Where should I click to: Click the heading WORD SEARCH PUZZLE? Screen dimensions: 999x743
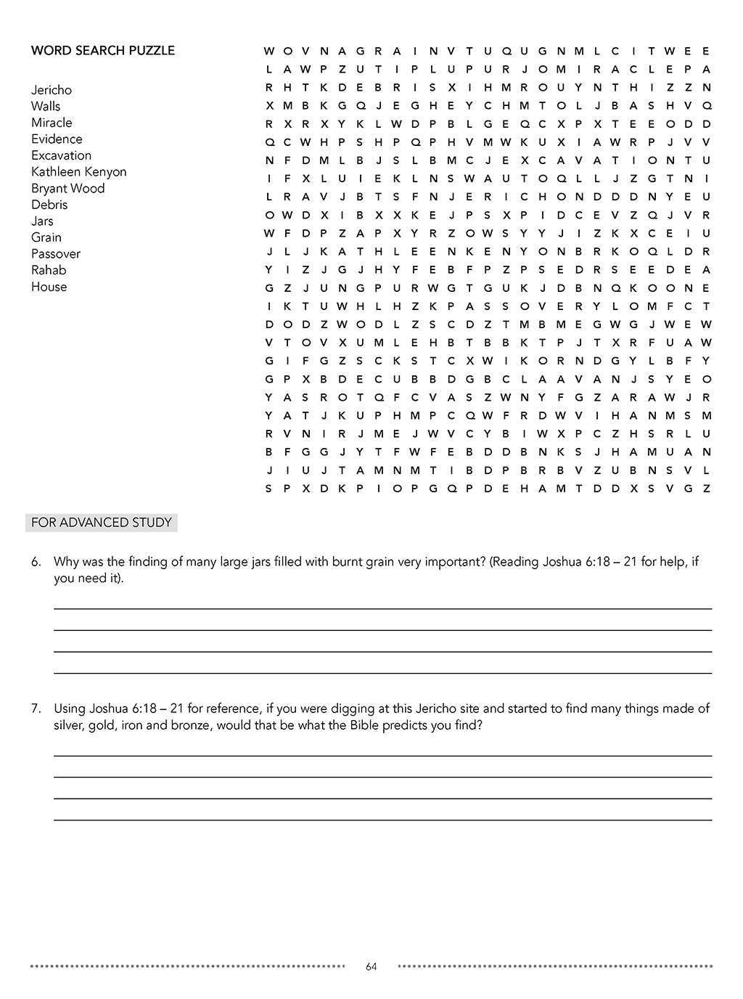click(x=102, y=51)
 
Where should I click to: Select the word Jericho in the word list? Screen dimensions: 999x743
click(x=52, y=90)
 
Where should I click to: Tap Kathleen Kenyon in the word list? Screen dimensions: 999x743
click(x=78, y=172)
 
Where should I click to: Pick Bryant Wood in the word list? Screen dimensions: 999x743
click(x=67, y=189)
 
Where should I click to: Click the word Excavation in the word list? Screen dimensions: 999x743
click(x=61, y=155)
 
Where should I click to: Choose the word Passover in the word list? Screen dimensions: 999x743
click(x=56, y=254)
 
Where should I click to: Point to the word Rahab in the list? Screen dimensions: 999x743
click(x=49, y=270)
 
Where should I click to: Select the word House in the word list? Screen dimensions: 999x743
click(x=49, y=287)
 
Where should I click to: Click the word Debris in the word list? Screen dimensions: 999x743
click(x=49, y=205)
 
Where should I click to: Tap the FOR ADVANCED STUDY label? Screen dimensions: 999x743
click(x=102, y=523)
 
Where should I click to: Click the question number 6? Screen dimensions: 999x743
click(x=36, y=562)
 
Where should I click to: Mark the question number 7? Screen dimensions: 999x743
click(x=36, y=709)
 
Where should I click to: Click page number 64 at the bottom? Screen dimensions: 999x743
click(x=371, y=966)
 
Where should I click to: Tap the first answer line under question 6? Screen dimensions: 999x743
click(x=382, y=608)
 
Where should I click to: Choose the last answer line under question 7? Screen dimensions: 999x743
click(x=382, y=820)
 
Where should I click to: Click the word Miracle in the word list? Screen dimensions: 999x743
click(x=52, y=123)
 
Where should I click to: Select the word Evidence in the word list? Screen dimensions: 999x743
click(x=57, y=139)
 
